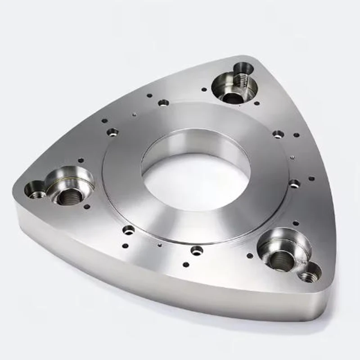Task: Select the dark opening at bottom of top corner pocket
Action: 232,97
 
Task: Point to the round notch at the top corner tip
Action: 243,68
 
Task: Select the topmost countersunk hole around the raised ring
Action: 164,103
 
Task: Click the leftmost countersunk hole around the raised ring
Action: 112,132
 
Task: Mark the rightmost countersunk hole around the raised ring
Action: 294,183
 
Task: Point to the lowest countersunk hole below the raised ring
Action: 197,250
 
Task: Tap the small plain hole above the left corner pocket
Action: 81,160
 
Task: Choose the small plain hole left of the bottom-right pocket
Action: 250,256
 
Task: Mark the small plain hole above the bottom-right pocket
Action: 295,223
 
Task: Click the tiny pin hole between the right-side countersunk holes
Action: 292,157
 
